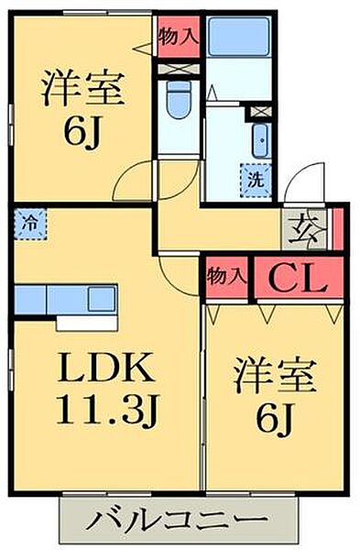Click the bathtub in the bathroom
pyautogui.click(x=235, y=38)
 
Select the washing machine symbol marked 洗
pyautogui.click(x=255, y=179)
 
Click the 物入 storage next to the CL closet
pyautogui.click(x=224, y=275)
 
